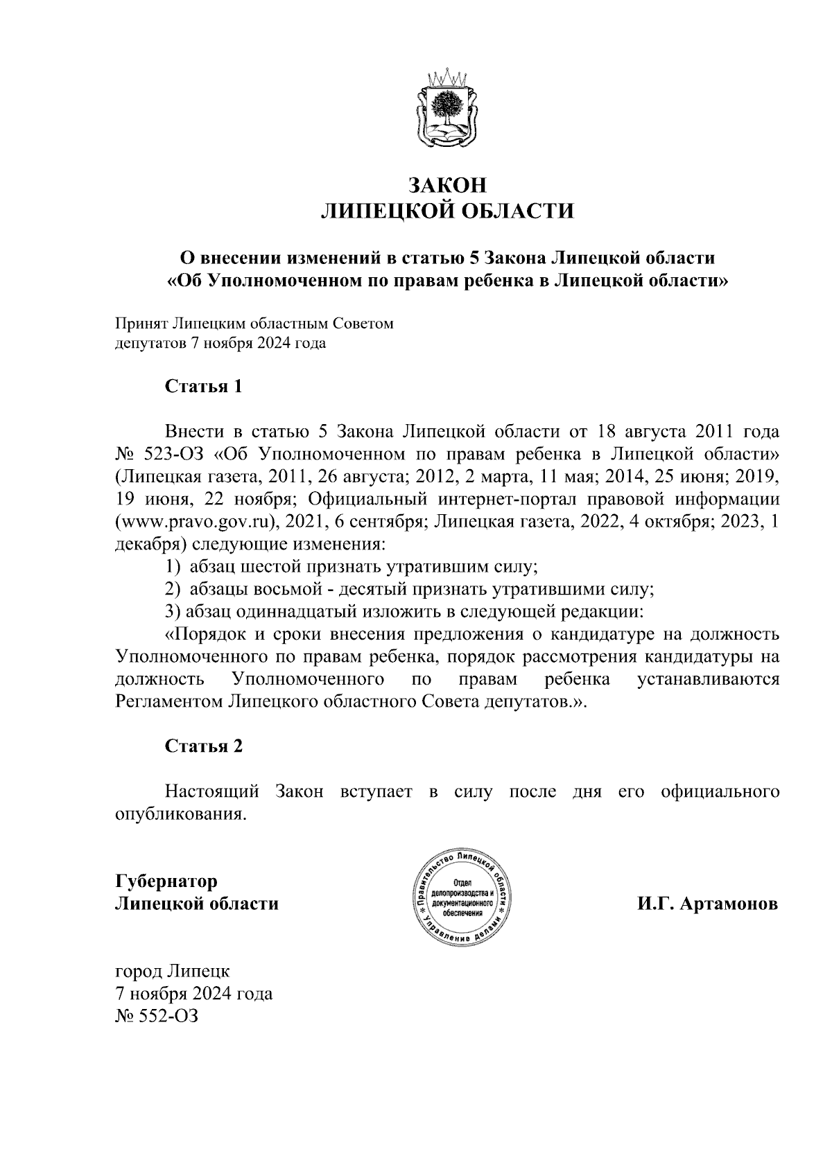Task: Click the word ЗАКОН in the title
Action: [447, 186]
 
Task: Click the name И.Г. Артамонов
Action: [709, 905]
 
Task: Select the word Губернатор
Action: [166, 881]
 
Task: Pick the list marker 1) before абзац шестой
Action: [173, 567]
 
